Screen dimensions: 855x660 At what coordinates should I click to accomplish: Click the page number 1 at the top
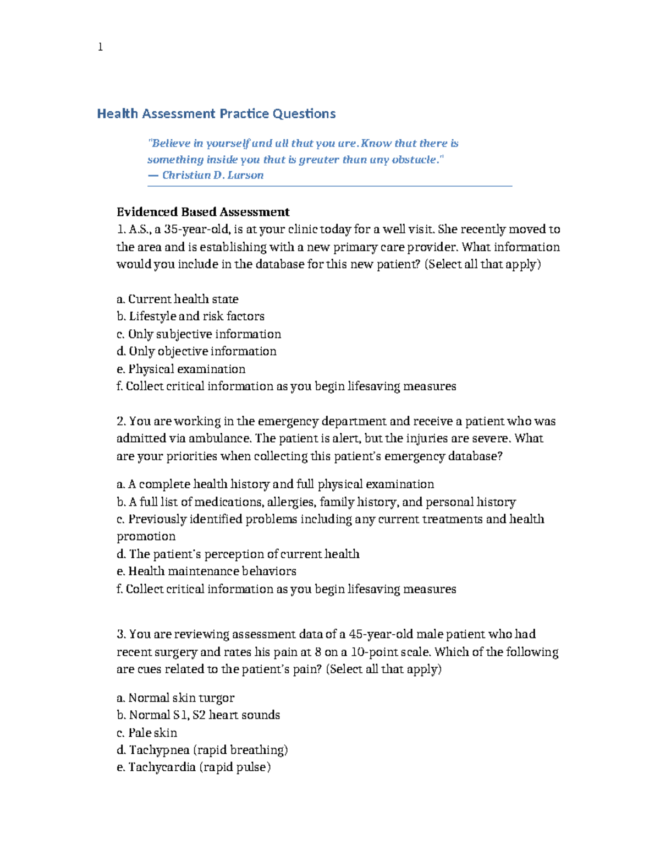100,47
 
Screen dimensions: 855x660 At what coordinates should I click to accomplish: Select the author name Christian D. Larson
212,175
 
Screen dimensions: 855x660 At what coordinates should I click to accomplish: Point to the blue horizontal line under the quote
329,187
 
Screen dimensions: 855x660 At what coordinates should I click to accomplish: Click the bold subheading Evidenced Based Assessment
203,212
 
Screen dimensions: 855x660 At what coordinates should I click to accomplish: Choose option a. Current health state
177,299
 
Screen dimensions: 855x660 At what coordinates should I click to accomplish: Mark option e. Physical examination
181,369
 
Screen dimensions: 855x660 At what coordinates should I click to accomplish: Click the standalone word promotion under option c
146,536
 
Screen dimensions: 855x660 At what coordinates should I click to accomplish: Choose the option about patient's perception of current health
238,554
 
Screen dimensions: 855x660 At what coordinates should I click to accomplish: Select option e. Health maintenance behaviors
206,571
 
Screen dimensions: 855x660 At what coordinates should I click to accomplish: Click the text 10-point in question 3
372,652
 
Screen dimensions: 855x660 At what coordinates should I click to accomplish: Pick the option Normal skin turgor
175,698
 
